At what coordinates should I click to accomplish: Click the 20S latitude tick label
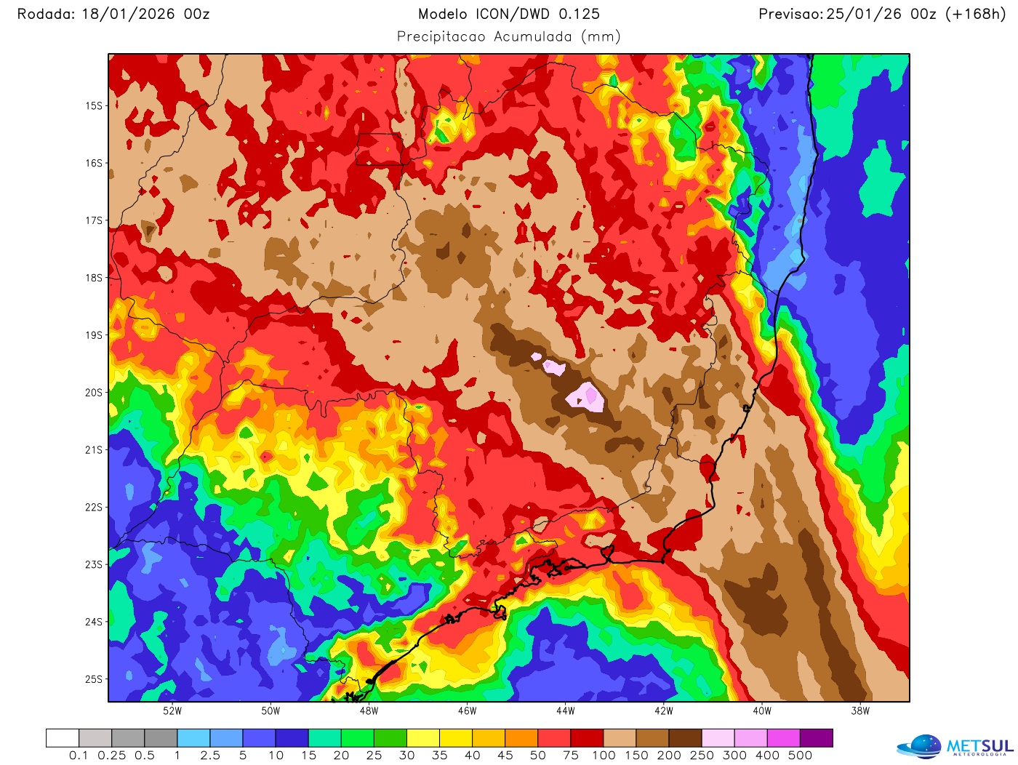[95, 393]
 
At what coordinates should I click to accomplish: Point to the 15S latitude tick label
[95, 106]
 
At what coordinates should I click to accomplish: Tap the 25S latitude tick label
[95, 679]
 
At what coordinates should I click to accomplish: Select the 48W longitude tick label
[369, 711]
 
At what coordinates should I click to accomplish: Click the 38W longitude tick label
[860, 711]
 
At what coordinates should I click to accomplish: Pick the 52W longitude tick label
[172, 711]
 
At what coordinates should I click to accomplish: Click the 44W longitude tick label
[566, 711]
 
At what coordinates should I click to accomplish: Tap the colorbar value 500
[800, 756]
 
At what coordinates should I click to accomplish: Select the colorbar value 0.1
[79, 756]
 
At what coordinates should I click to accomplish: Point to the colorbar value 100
[604, 756]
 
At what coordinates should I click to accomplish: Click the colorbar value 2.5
[210, 756]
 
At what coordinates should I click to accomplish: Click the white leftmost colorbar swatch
[63, 738]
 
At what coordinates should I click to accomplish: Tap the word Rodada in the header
[44, 14]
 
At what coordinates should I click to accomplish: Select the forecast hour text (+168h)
[974, 14]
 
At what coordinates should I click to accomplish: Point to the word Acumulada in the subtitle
[533, 36]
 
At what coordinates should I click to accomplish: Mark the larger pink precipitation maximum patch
[586, 397]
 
